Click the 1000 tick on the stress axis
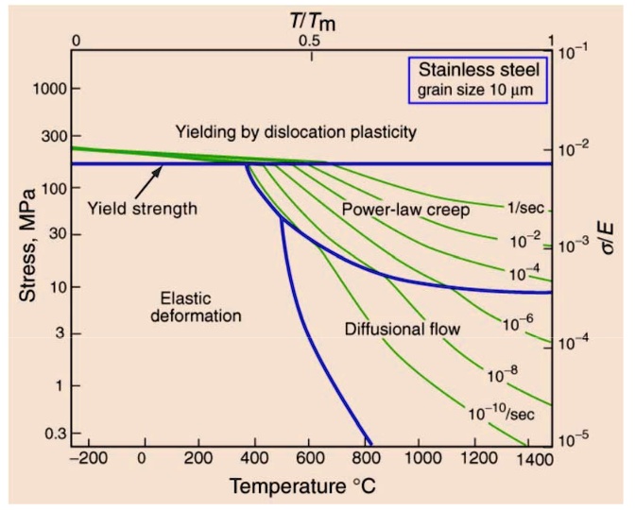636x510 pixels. point(49,89)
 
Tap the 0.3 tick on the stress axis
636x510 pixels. point(54,433)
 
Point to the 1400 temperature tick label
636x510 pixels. point(533,459)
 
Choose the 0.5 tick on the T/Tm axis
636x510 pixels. point(309,42)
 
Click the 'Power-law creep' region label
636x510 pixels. point(405,210)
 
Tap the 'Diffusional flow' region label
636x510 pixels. point(402,330)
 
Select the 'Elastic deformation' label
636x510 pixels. point(196,305)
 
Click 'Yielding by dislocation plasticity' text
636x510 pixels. point(296,131)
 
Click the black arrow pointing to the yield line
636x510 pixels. point(148,179)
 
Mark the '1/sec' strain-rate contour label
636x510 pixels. point(524,207)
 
